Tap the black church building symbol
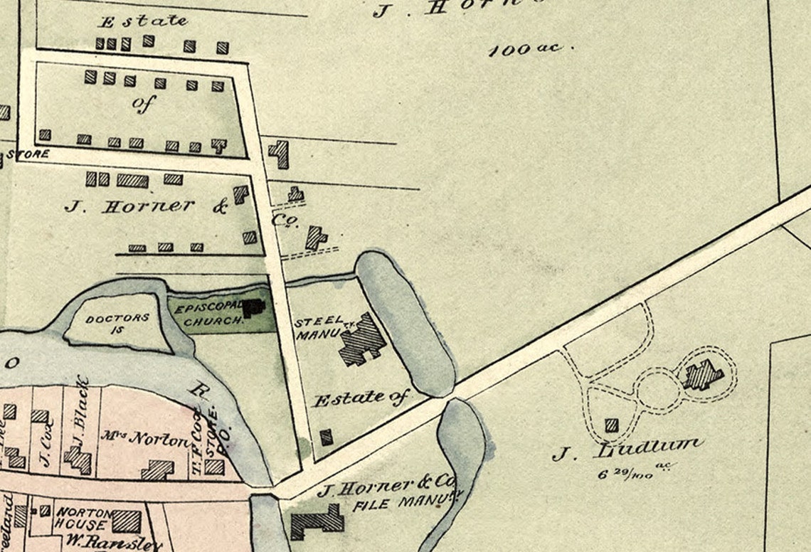254,308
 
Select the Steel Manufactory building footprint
362,340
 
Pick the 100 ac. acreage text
525,50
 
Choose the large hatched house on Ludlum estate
704,375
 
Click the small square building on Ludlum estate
611,425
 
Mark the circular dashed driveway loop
659,391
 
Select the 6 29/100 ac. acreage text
635,471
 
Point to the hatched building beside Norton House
126,521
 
